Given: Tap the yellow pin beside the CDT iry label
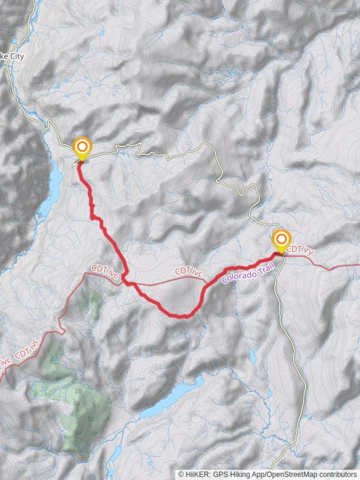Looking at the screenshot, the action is [281, 239].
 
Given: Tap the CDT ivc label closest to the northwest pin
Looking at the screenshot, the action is [105, 272].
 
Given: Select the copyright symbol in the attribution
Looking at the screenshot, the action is [181, 474].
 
